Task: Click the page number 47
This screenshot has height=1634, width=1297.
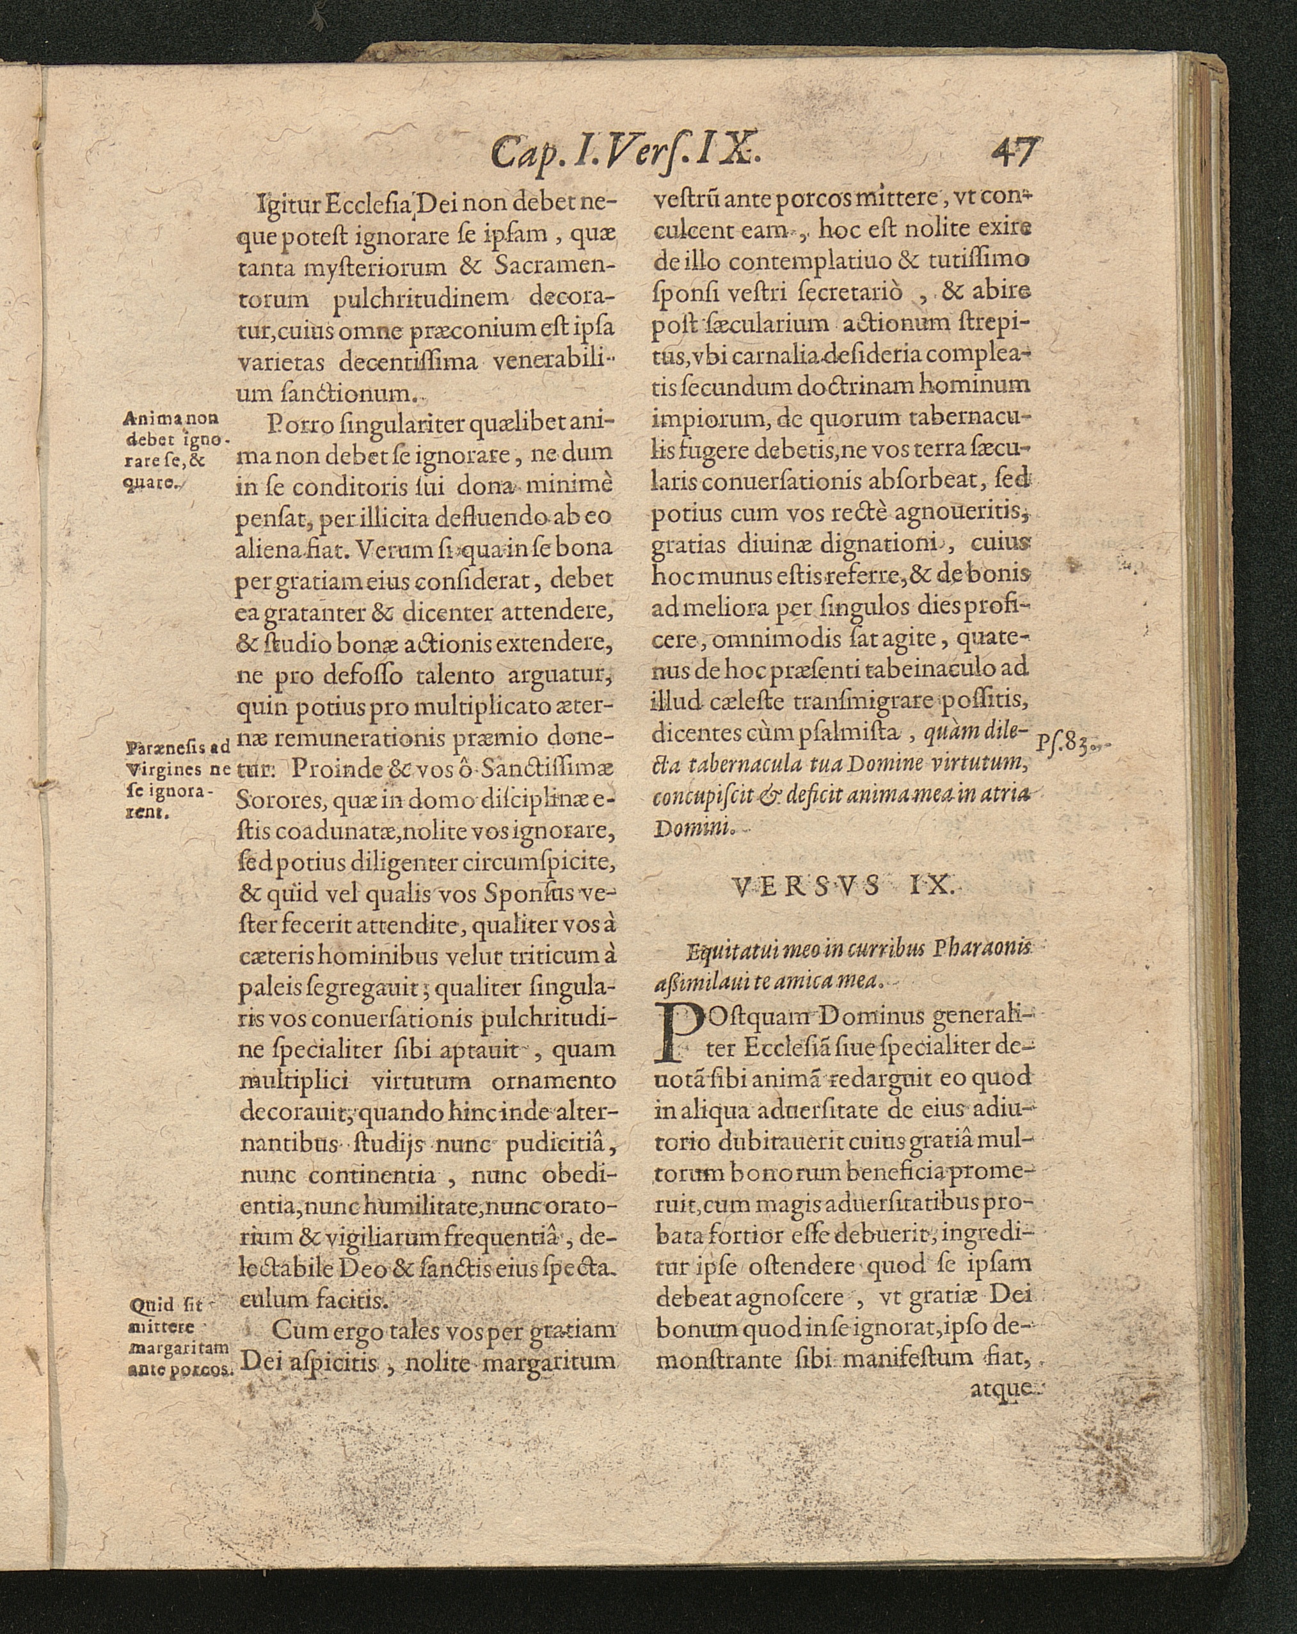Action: [x=1015, y=152]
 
